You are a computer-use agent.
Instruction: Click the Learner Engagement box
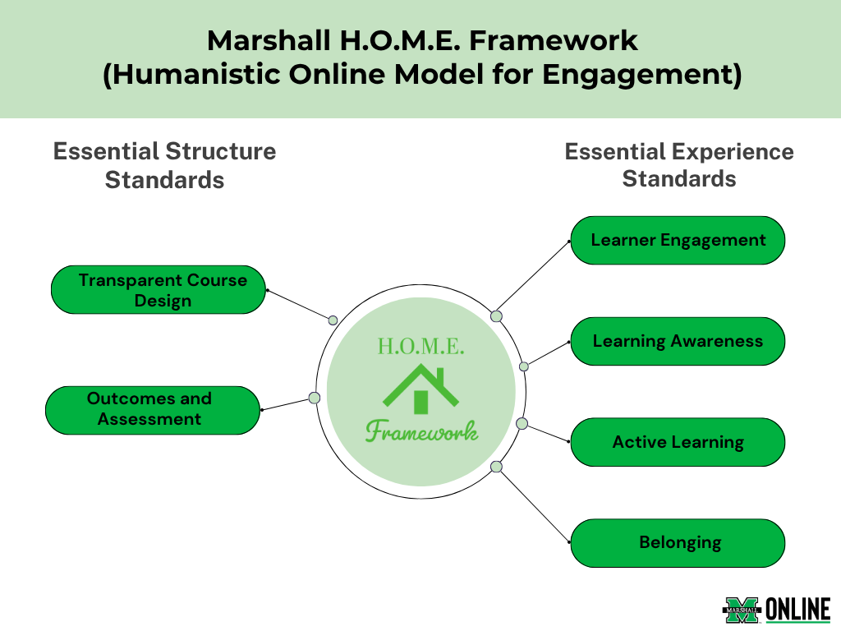coord(678,241)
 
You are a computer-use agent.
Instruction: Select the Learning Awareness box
coord(678,341)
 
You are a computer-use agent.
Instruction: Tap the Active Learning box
coord(678,442)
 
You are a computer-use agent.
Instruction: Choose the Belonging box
coord(678,543)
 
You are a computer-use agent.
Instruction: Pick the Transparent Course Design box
coord(159,290)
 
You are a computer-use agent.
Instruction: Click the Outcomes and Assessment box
coord(153,411)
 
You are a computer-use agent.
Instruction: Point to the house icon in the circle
coord(421,389)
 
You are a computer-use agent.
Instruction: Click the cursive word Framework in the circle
coord(421,431)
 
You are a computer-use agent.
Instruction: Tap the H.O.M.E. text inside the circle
coord(421,346)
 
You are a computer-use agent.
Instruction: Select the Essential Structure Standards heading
coord(164,165)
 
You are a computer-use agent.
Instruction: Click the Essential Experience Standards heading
coord(679,165)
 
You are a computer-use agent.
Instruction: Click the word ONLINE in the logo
coord(797,610)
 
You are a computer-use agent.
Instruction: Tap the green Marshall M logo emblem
coord(742,610)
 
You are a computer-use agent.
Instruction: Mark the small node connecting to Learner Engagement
coord(497,316)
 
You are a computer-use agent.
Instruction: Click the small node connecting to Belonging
coord(497,467)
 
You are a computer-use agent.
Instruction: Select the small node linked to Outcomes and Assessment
coord(315,398)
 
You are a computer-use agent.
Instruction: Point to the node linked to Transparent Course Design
coord(333,320)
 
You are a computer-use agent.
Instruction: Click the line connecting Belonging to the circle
coord(533,504)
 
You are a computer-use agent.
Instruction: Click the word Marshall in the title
coord(269,41)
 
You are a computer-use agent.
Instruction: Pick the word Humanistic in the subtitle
coord(195,74)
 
